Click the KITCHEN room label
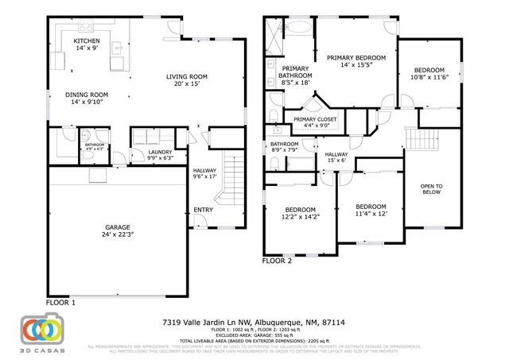[87, 41]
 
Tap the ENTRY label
[204, 211]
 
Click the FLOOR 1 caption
[61, 302]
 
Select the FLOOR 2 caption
[278, 260]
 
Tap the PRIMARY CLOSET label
[317, 118]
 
